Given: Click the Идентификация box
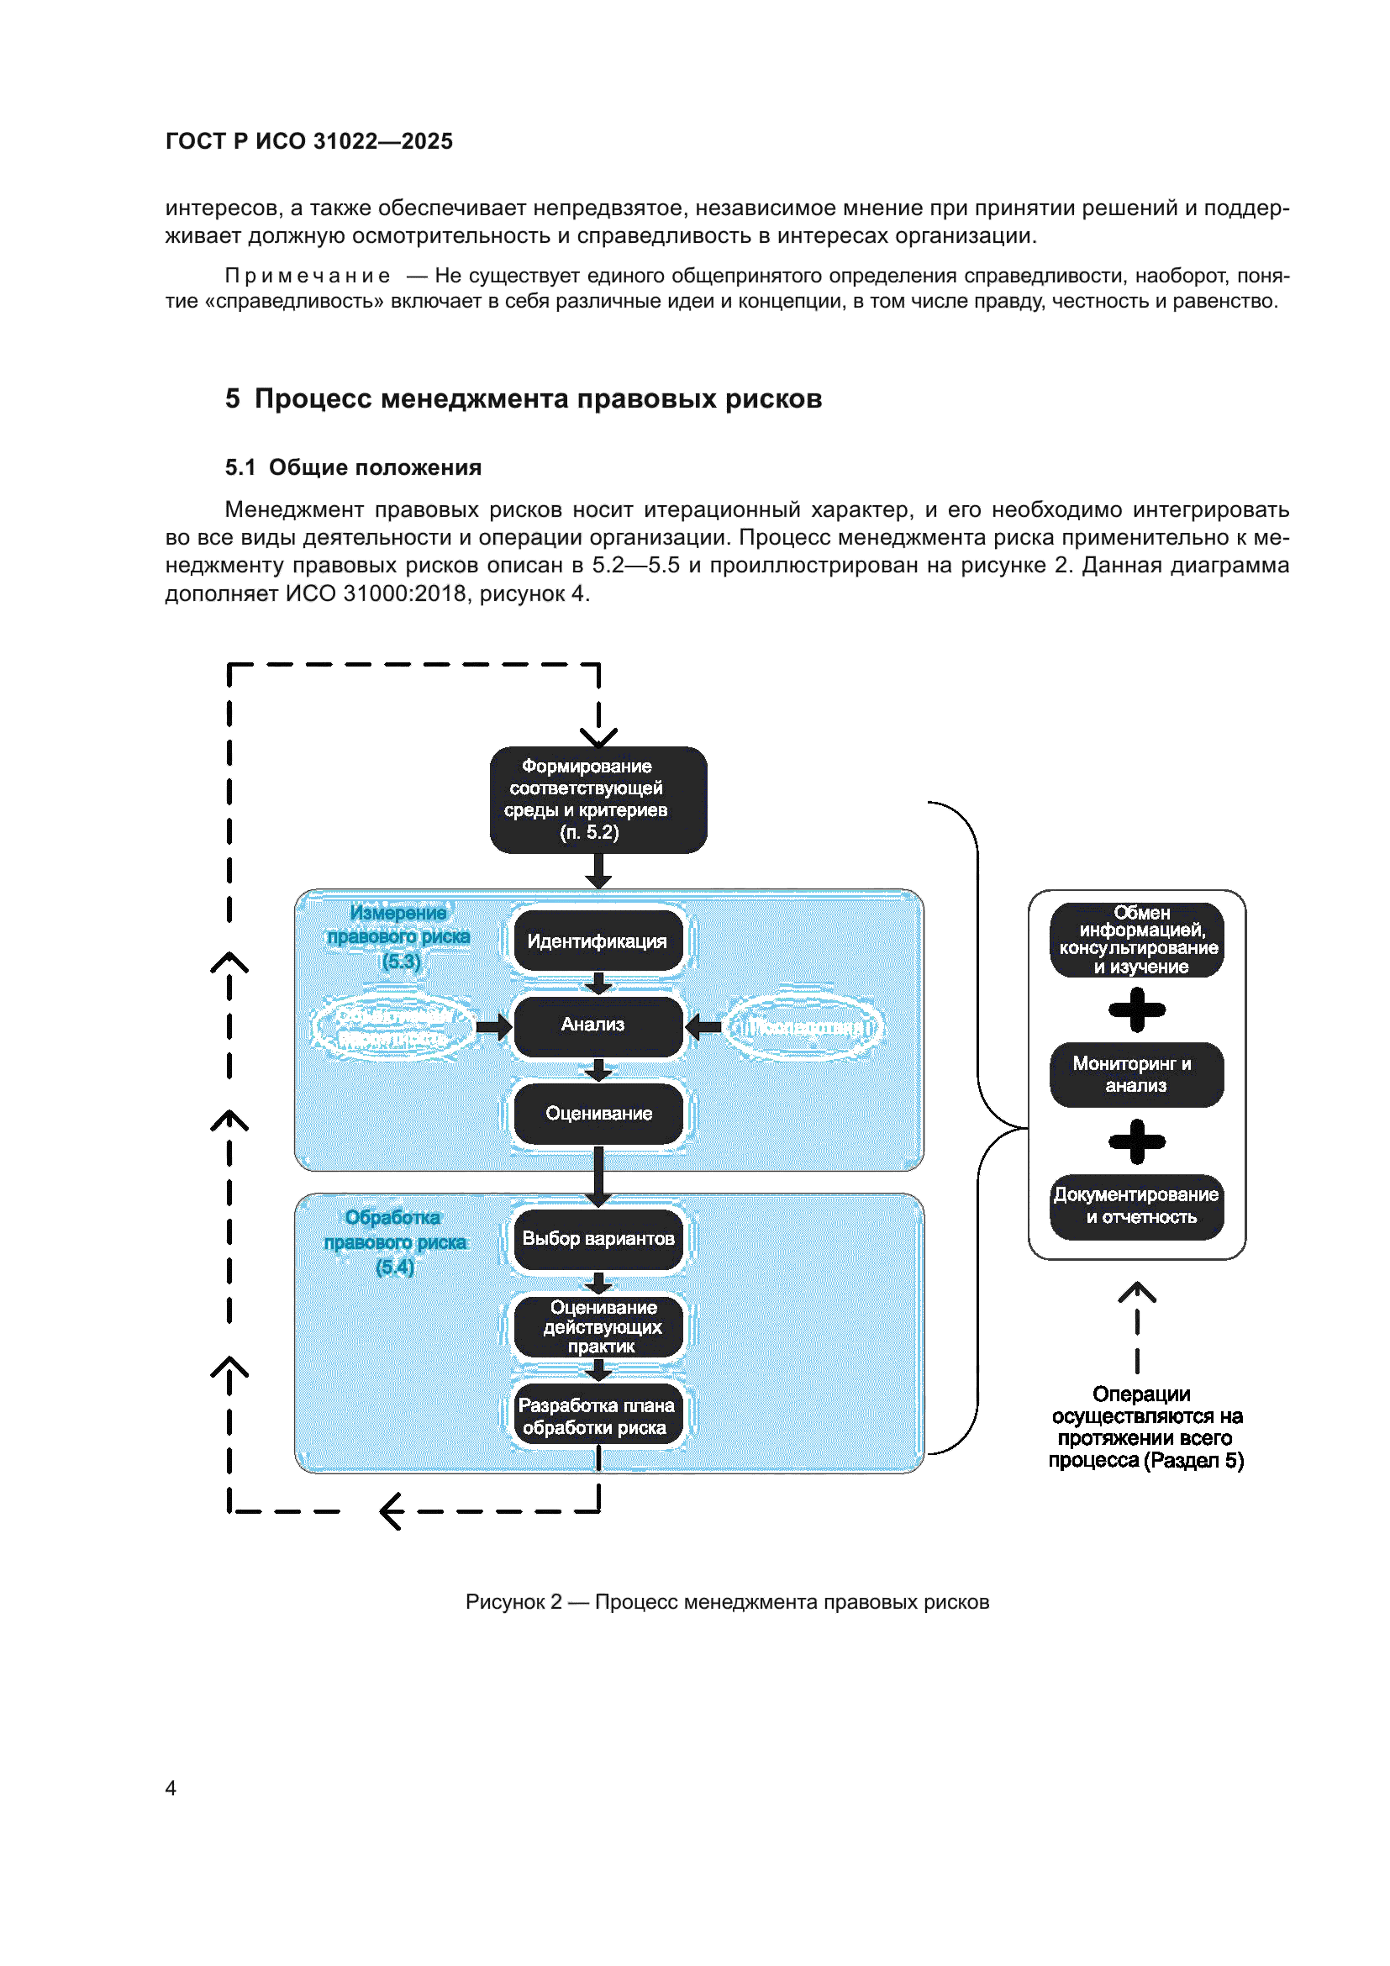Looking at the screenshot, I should tap(598, 941).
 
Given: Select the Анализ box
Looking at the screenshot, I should tap(598, 1025).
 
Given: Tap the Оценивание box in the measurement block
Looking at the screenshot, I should tap(598, 1113).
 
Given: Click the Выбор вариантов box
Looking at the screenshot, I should tap(598, 1238).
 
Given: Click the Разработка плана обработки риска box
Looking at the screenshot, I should tap(598, 1416).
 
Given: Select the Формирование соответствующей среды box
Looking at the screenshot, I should tap(598, 799).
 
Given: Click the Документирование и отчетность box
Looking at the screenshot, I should tap(1136, 1205).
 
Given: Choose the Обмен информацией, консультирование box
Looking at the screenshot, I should tap(1136, 940).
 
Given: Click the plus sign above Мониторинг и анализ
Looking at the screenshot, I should tap(1136, 1009).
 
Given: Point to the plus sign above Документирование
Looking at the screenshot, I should tap(1136, 1141).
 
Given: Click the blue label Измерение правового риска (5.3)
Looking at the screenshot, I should tap(399, 936).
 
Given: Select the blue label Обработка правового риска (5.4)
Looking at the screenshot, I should tap(395, 1241).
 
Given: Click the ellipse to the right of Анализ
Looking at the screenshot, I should tap(803, 1026).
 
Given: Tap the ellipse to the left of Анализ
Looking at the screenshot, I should tap(393, 1026).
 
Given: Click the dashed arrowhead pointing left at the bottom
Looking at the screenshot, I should tap(391, 1511).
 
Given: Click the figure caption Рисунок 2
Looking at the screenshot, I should tap(726, 1601).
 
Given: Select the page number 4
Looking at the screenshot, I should tap(171, 1788).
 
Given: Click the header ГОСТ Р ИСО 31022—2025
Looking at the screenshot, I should tap(309, 141).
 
